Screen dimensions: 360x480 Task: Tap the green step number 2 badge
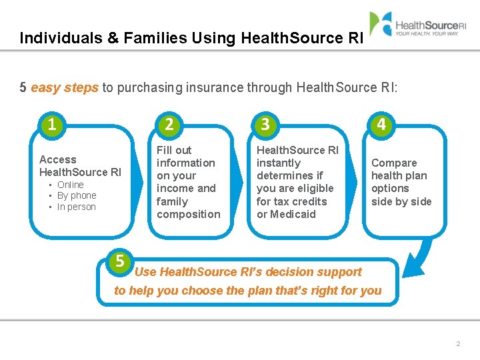click(x=169, y=124)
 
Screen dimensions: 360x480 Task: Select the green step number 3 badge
click(x=265, y=124)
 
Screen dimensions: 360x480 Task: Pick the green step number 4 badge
click(x=381, y=124)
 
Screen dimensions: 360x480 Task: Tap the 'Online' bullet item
click(x=70, y=185)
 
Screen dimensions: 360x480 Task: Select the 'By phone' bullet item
click(x=77, y=195)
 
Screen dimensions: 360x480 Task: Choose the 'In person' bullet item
click(x=76, y=207)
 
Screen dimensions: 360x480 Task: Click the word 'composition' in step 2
click(x=188, y=214)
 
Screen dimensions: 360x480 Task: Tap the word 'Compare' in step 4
click(x=394, y=163)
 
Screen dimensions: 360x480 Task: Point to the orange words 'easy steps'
click(x=65, y=87)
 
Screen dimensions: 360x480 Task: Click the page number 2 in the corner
click(x=458, y=343)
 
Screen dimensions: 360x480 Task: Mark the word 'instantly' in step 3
click(x=279, y=163)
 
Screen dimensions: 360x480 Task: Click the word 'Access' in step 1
click(x=58, y=159)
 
